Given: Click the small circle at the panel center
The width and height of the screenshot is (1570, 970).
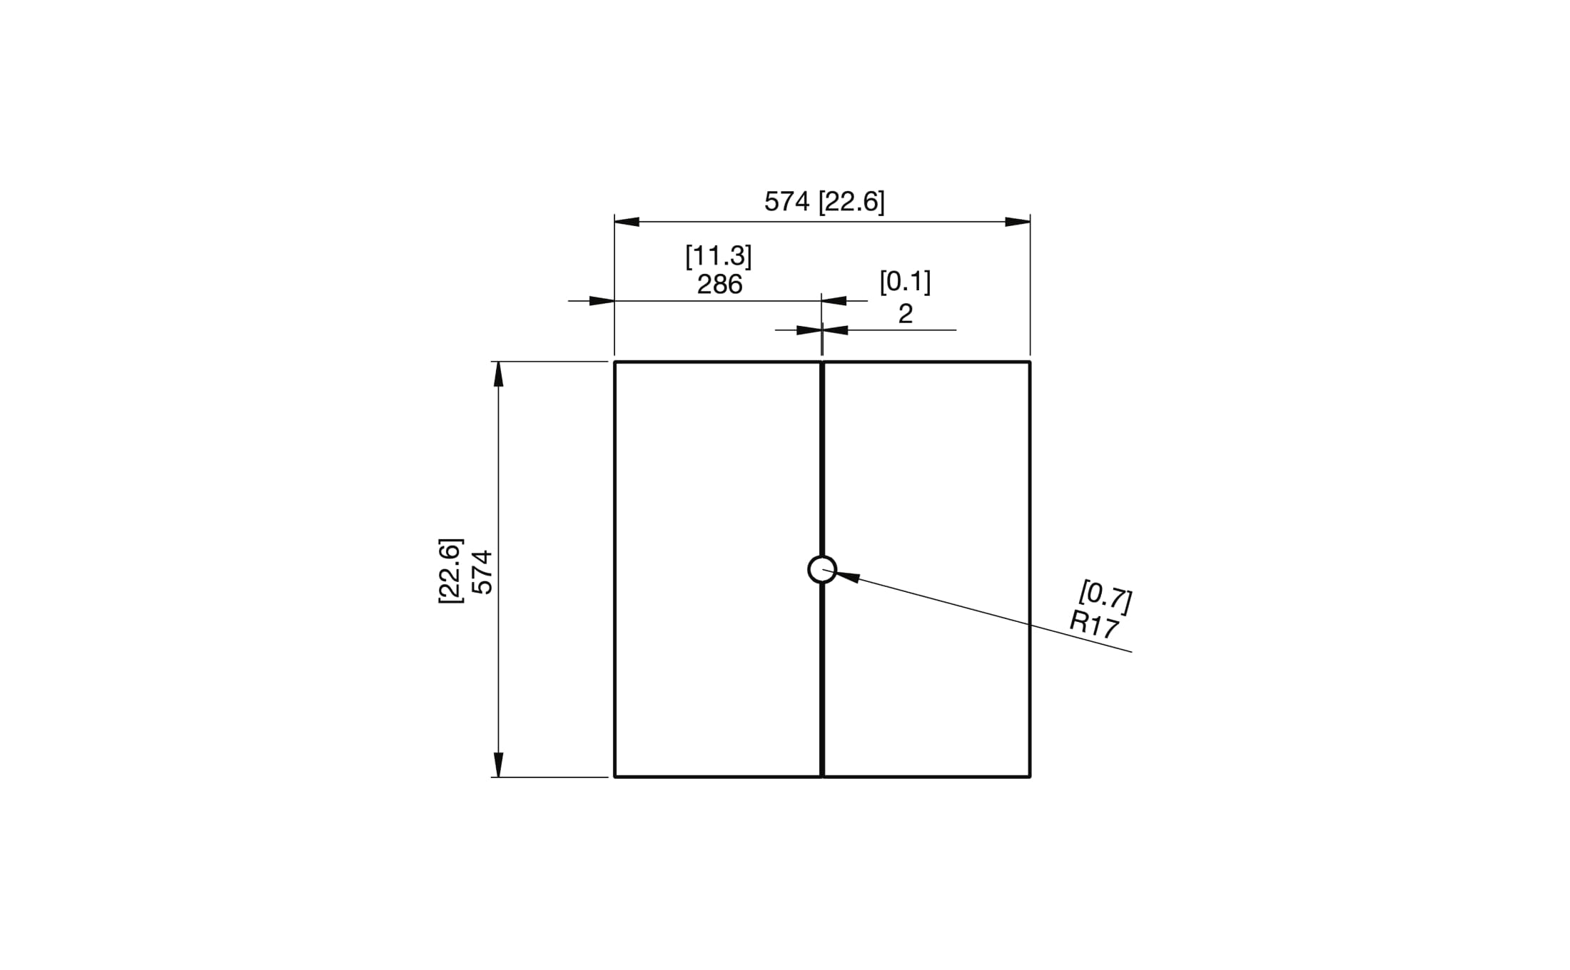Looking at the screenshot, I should (x=822, y=569).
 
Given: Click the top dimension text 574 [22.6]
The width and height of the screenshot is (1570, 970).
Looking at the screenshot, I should (x=824, y=202).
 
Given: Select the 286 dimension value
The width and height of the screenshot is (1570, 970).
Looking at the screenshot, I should (x=719, y=285).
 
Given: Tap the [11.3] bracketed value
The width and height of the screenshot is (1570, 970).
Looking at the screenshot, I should (x=719, y=255).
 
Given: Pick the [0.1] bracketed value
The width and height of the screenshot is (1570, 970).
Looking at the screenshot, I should (x=905, y=282).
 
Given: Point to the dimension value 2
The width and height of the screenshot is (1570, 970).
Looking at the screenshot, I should (x=905, y=314).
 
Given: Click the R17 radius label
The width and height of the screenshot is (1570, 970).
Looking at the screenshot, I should (x=1094, y=625).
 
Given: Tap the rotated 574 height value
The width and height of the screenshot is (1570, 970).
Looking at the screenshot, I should (x=483, y=571).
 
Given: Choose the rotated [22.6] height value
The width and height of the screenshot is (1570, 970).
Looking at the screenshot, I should (x=450, y=571).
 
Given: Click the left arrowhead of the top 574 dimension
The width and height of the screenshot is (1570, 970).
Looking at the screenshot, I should (x=627, y=222).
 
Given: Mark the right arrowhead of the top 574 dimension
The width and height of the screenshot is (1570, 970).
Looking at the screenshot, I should (x=1018, y=222).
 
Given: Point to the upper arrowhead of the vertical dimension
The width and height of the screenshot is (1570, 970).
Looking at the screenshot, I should (x=498, y=374).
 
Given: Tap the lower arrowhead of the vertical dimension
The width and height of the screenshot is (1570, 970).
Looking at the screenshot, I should (x=498, y=765).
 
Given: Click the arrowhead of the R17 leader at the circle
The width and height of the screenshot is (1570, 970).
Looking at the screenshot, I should (x=847, y=576).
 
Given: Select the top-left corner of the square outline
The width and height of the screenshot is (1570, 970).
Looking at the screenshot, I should (x=615, y=362).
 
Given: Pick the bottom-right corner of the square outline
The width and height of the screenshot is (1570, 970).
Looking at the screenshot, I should (x=1030, y=776).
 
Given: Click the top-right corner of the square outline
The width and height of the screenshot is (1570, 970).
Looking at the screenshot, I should (x=1030, y=362).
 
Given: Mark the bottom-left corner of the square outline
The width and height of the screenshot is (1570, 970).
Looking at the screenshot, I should (x=615, y=776).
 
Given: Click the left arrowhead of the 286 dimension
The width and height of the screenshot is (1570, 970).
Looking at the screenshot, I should (x=602, y=301).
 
